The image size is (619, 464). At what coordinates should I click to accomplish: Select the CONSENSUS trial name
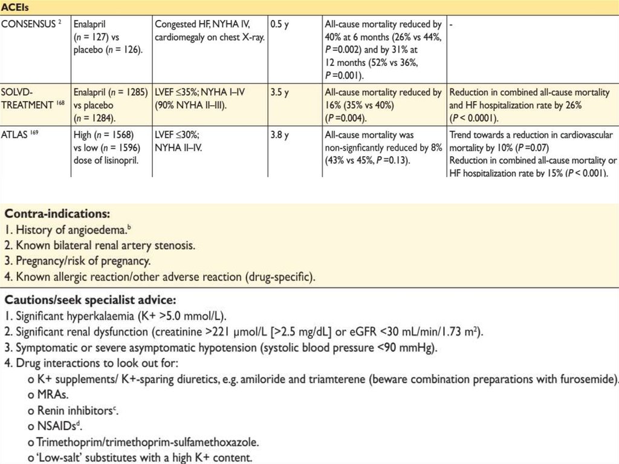[30, 25]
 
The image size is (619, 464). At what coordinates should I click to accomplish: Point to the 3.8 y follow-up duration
[280, 136]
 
